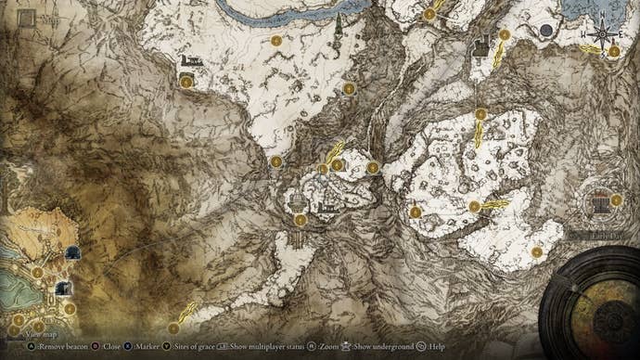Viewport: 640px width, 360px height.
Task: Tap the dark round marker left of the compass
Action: click(546, 31)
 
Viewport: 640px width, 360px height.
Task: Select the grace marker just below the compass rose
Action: click(615, 53)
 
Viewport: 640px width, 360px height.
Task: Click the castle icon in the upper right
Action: click(480, 45)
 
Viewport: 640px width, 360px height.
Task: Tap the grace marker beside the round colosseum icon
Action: click(617, 199)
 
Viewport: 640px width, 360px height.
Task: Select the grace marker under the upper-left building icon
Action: click(186, 82)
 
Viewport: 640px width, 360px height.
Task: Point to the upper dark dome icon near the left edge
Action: click(72, 252)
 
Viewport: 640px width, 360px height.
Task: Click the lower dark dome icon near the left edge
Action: click(63, 289)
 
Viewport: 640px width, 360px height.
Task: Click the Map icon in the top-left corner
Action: click(26, 19)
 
